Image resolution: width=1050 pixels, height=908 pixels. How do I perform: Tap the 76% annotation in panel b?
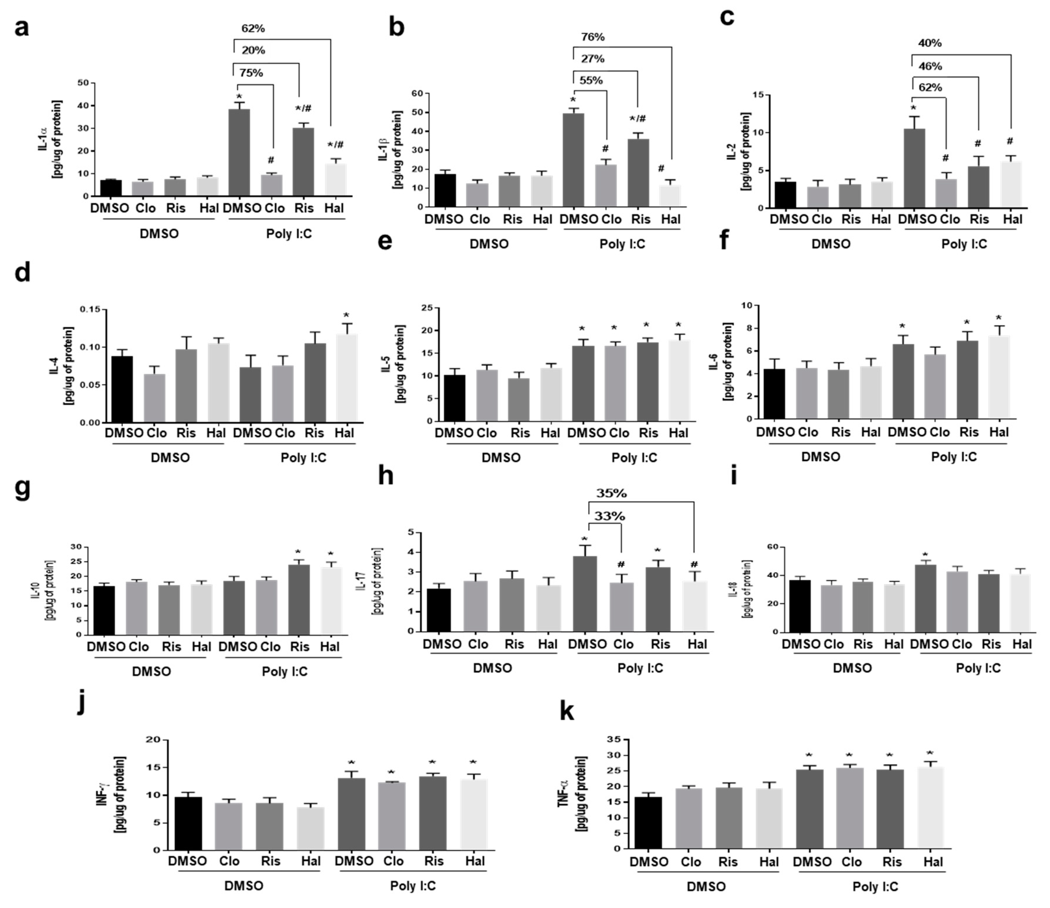[x=592, y=37]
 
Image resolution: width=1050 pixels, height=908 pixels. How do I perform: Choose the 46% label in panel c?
[x=930, y=66]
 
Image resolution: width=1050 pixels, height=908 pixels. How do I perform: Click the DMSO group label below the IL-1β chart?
[x=489, y=244]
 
